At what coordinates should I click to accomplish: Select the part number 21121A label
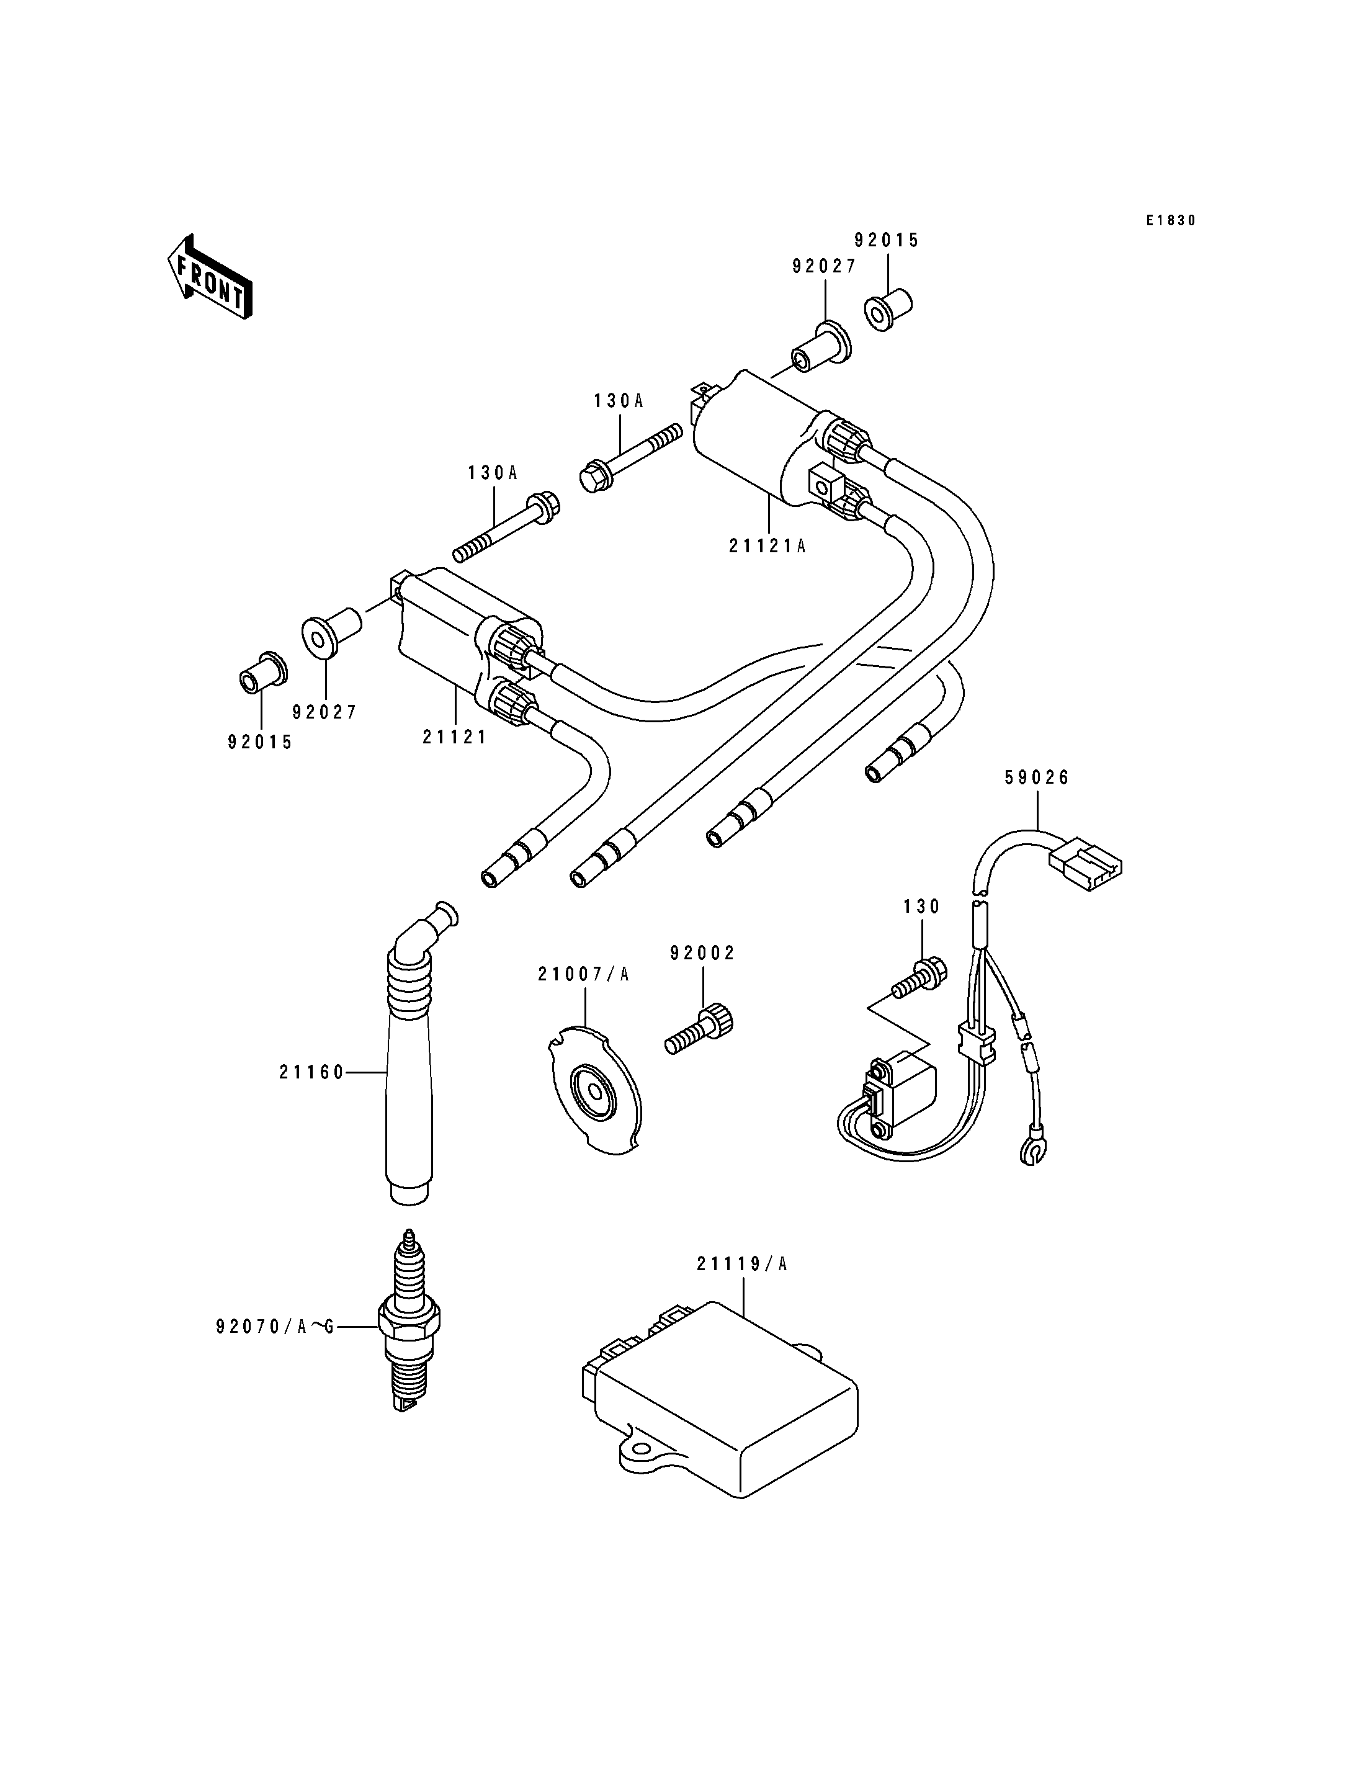pos(767,547)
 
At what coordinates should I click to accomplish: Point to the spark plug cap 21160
pos(411,1069)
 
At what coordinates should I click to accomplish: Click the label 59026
pos(1037,777)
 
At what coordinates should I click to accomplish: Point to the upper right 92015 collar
pos(889,311)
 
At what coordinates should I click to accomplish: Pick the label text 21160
pos(311,1072)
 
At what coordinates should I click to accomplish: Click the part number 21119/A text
pos(741,1264)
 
